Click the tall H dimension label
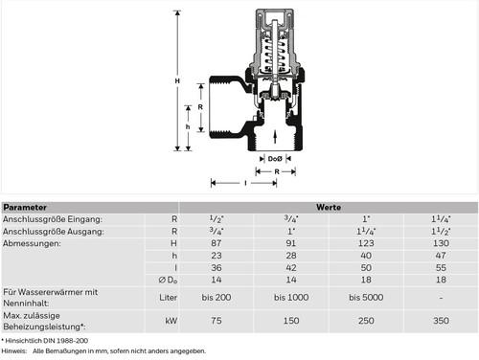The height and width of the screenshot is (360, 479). (177, 81)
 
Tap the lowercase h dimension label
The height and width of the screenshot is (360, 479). (188, 126)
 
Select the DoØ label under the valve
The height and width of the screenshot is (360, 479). (275, 159)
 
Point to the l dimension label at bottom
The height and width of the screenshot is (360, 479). (245, 183)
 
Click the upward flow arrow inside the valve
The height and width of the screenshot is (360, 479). (275, 137)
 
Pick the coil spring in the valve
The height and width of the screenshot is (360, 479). (275, 55)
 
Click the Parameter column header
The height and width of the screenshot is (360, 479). (25, 208)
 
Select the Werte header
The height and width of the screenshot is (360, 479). (329, 208)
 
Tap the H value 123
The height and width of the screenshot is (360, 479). (366, 243)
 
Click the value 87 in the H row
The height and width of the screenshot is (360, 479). (217, 243)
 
